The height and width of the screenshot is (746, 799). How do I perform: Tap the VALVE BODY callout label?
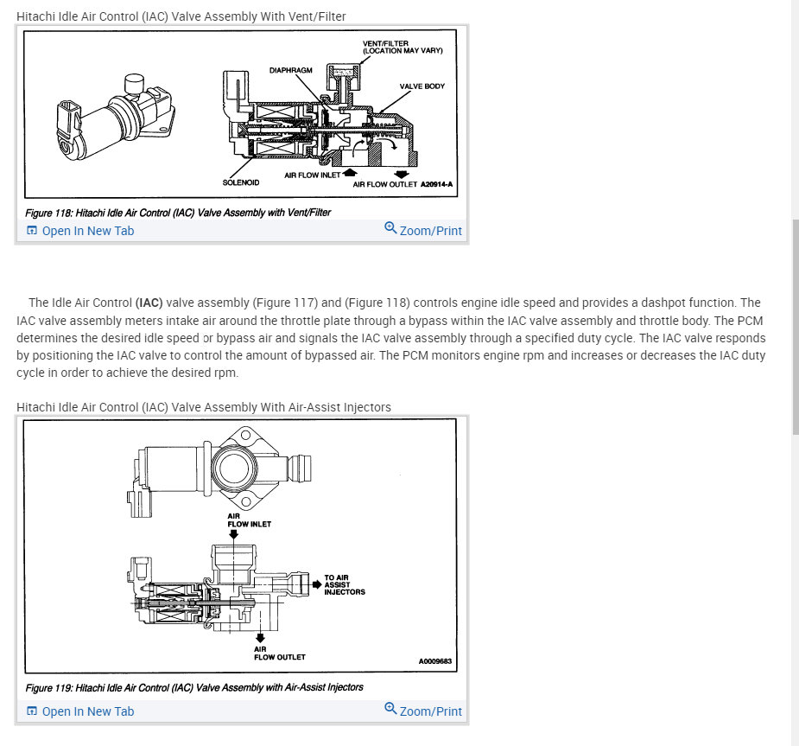[422, 86]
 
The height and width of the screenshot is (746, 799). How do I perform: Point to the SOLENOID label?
[241, 182]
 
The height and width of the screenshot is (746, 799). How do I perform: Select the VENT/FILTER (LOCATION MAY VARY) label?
[402, 47]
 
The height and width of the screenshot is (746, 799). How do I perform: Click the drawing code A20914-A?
[437, 184]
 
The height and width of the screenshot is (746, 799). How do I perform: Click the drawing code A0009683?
[435, 661]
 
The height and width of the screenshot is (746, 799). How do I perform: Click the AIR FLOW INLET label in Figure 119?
[249, 520]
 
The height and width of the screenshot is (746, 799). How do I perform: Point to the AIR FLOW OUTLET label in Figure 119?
[279, 653]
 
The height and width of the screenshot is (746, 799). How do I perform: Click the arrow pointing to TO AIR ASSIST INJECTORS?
[316, 583]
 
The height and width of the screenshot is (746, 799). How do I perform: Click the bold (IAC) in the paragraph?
[149, 303]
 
